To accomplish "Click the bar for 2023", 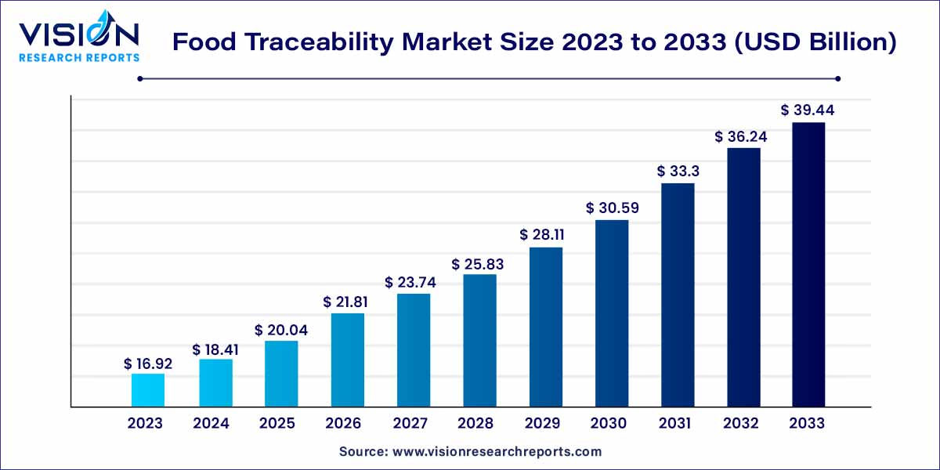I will pos(148,390).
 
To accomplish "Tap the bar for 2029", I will pos(545,327).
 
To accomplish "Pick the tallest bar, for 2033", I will pos(808,265).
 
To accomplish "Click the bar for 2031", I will pos(678,295).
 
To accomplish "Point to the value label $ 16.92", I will pos(148,363).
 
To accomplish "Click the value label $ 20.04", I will pos(280,331).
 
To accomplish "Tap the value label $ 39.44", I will pos(808,111).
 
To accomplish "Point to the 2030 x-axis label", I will pos(609,424).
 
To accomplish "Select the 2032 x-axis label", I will pos(741,424).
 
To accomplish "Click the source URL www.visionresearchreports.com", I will pos(497,452).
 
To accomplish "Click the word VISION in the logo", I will pos(78,35).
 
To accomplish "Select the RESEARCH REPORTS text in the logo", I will pos(78,57).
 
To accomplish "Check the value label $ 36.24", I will pos(741,136).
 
